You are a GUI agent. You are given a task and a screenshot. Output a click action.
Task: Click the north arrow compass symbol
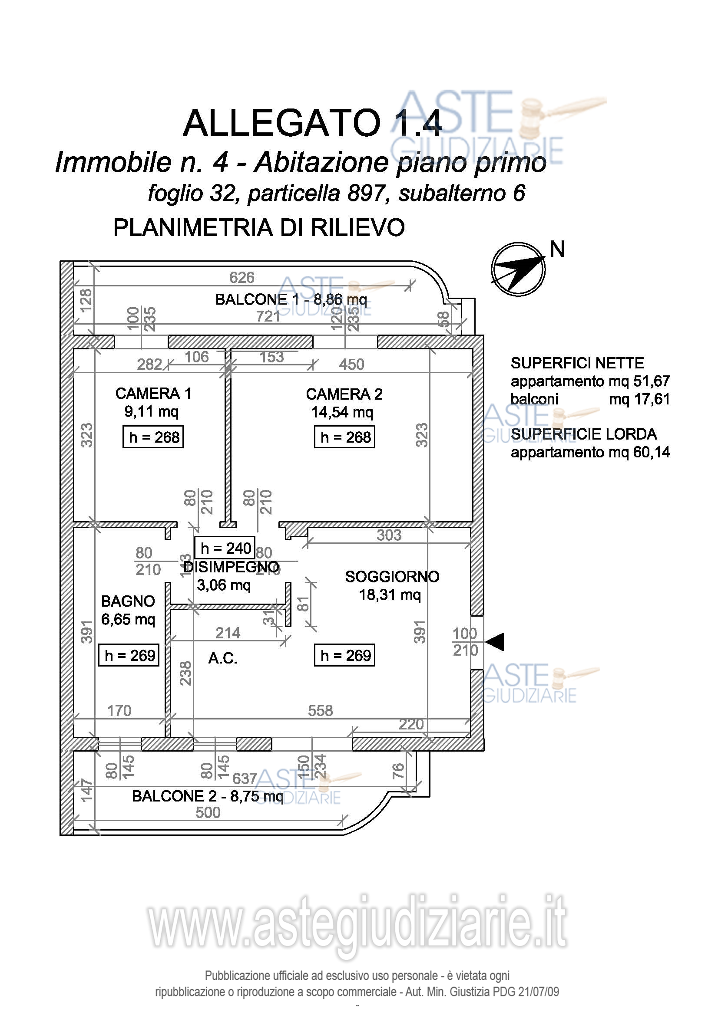click(518, 269)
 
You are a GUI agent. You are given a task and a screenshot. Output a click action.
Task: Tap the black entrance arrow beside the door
click(495, 641)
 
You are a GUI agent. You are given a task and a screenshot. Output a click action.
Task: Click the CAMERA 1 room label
click(153, 393)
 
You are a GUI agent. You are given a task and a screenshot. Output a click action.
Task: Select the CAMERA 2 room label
click(344, 394)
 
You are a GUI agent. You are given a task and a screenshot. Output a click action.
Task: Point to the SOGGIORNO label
click(392, 576)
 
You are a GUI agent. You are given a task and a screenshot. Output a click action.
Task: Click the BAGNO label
click(128, 601)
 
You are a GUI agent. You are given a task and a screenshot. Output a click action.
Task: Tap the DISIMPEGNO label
click(231, 567)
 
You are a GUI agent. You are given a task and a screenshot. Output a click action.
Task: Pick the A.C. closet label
click(222, 658)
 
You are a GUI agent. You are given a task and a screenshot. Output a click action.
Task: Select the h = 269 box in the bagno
click(129, 655)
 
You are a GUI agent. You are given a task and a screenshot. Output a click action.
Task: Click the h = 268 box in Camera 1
click(153, 437)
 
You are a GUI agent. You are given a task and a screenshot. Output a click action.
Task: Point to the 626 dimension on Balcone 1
click(242, 277)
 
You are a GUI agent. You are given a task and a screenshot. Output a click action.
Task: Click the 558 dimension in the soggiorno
click(320, 710)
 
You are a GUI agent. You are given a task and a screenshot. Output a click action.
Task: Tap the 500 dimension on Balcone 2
click(208, 812)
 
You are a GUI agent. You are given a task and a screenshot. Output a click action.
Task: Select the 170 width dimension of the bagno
click(119, 710)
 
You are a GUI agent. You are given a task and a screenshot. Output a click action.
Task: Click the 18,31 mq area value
click(390, 595)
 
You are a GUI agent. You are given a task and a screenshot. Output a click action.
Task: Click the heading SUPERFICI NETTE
click(577, 363)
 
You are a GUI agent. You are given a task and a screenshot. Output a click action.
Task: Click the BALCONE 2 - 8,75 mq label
click(208, 796)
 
